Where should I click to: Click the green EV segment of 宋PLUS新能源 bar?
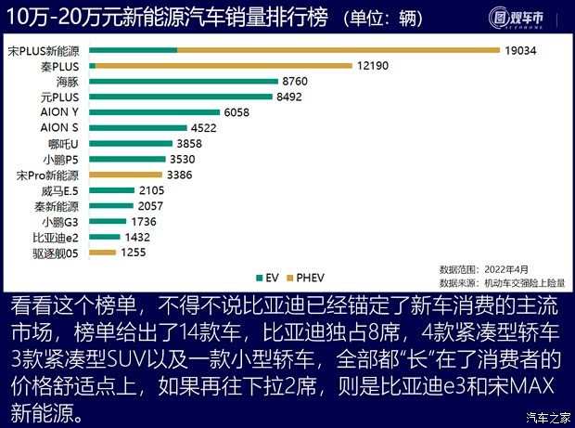(134, 50)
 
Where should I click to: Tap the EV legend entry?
(268, 278)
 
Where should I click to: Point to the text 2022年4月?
(516, 269)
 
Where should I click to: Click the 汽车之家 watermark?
(544, 417)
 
